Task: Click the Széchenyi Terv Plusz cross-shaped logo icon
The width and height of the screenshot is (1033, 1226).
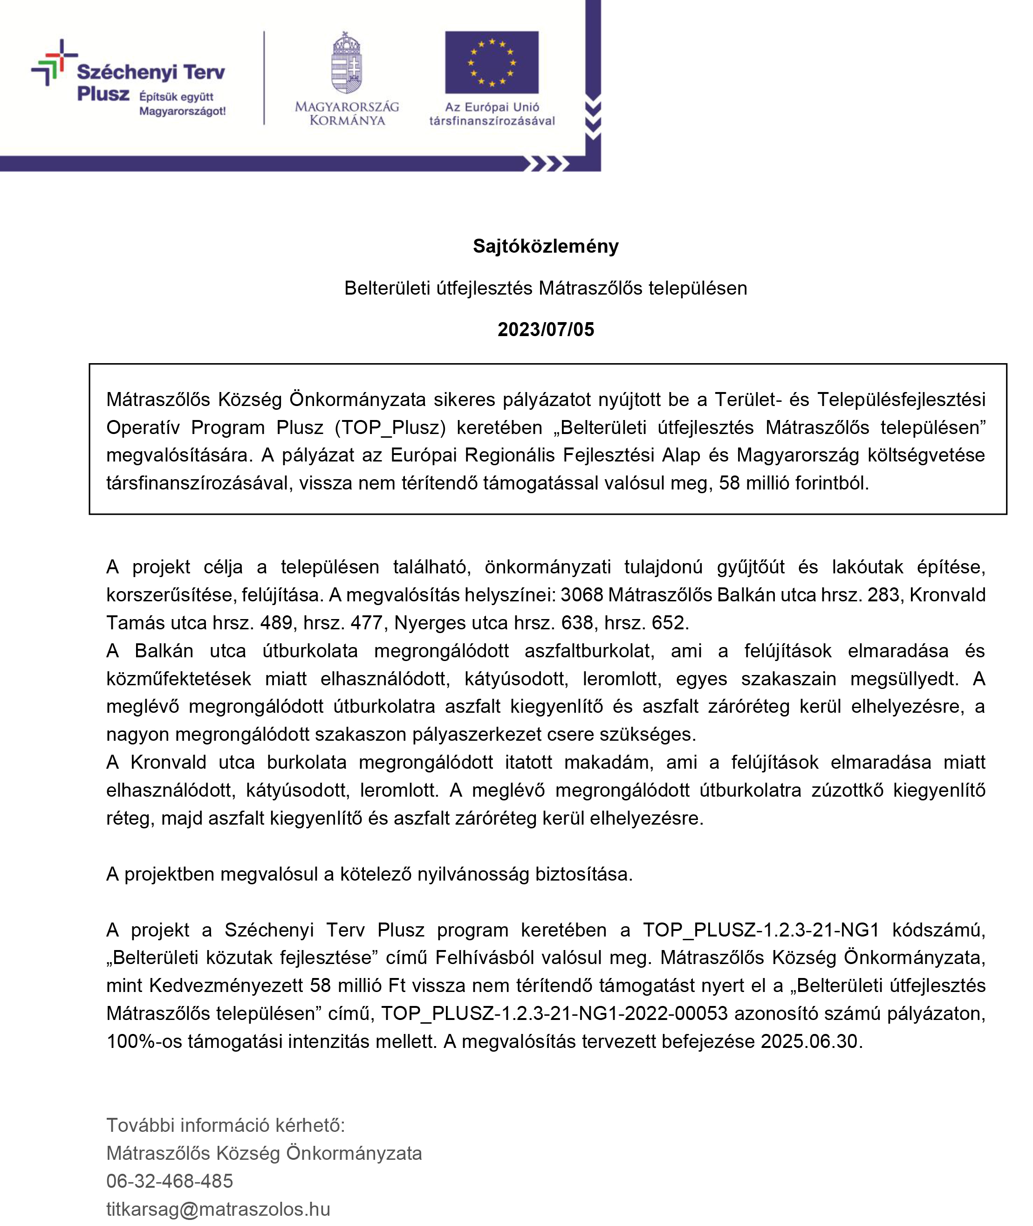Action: click(x=55, y=62)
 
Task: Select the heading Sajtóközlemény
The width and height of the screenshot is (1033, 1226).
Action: click(x=545, y=246)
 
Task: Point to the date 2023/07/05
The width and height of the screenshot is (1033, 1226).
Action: click(x=545, y=330)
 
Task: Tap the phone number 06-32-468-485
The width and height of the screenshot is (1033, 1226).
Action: click(x=169, y=1181)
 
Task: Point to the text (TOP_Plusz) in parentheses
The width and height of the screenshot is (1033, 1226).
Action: click(x=390, y=427)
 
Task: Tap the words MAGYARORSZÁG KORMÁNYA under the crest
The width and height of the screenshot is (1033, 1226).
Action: click(x=347, y=114)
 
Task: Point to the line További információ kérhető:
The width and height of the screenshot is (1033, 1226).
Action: click(x=226, y=1125)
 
